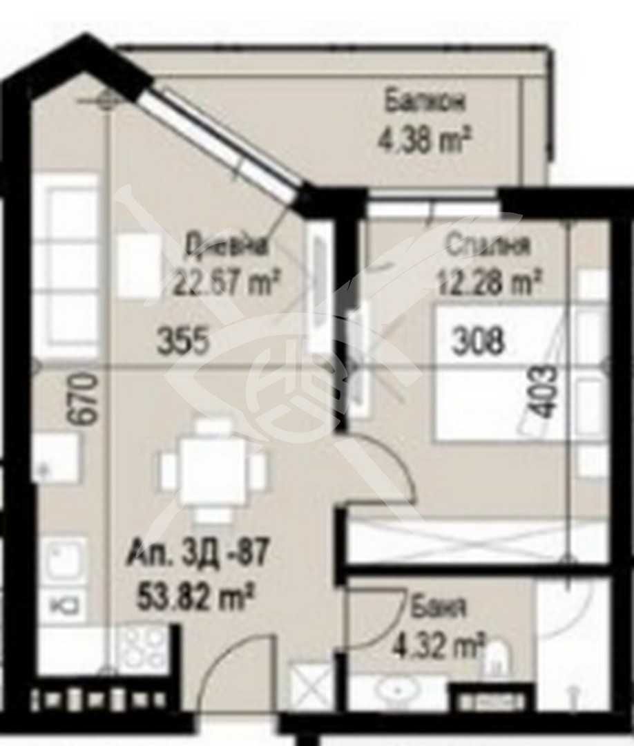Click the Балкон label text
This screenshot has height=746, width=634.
tap(425, 102)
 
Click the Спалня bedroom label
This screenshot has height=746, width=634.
tap(488, 245)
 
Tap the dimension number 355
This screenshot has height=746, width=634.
tap(183, 341)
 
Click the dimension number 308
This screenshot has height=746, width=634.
tap(478, 341)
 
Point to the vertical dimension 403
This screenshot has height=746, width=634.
tap(546, 392)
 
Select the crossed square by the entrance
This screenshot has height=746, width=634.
tap(309, 685)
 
